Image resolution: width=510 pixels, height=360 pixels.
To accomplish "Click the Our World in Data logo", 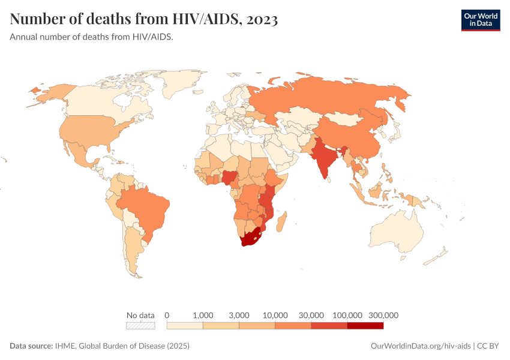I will [480, 20].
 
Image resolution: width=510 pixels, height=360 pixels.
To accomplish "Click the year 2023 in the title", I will [261, 19].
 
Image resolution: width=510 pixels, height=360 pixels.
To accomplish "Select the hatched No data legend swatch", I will [140, 326].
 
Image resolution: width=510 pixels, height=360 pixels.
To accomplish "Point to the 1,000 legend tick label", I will [203, 315].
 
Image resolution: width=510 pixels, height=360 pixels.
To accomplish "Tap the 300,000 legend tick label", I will [383, 315].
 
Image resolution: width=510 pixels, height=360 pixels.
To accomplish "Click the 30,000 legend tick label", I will [311, 315].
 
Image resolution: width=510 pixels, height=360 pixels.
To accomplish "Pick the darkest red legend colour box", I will [365, 326].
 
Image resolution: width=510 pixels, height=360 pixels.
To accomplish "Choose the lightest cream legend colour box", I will [185, 326].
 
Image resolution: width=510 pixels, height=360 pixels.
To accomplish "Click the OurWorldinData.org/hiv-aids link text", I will [421, 346].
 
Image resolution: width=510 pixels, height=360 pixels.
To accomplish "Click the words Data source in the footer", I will [31, 346].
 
